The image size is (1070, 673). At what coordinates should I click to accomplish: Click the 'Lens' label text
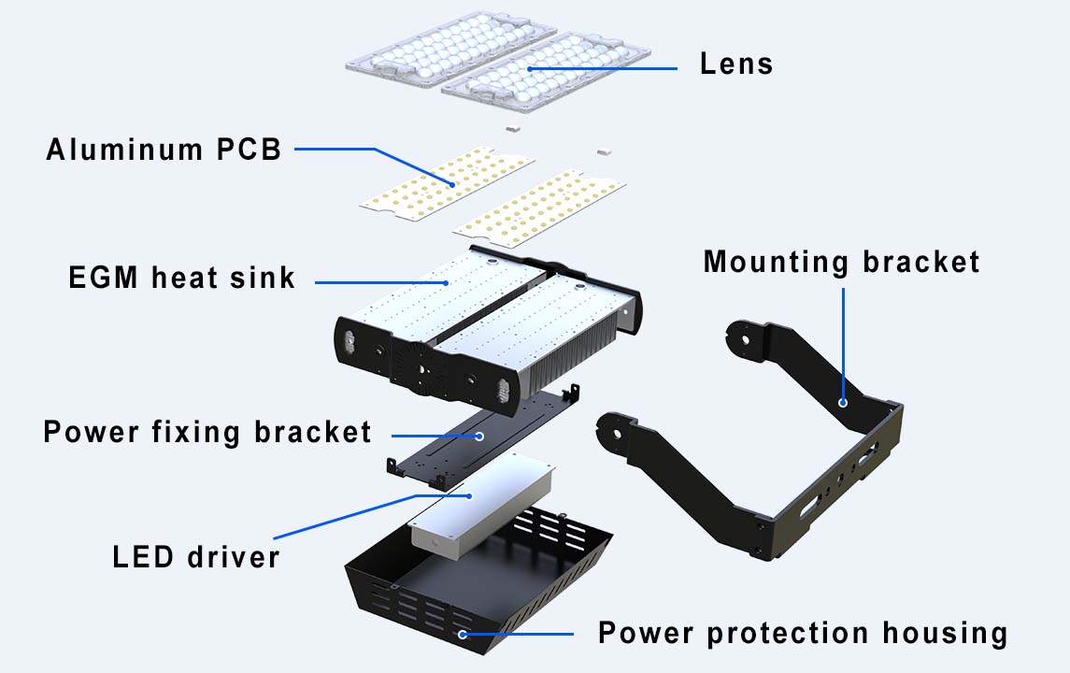pos(736,64)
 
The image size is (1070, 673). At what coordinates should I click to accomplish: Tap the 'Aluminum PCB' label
pos(164,150)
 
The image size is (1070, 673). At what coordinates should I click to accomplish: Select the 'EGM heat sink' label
pos(181,278)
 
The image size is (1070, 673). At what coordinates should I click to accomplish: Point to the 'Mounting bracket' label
pos(841,262)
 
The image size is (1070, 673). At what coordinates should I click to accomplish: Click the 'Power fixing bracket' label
pos(207,432)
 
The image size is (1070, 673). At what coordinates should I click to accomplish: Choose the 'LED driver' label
pos(196,557)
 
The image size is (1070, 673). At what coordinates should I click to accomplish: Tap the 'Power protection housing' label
pos(803,633)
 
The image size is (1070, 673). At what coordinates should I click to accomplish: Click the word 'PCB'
pos(250,150)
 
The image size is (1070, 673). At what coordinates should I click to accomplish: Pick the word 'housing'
pos(945,633)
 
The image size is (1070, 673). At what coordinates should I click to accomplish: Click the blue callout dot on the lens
pos(530,69)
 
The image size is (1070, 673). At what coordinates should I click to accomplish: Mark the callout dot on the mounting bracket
pos(843,403)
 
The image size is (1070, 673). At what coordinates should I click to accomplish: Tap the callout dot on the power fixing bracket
pos(479,436)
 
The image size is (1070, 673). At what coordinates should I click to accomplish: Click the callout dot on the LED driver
pos(469,495)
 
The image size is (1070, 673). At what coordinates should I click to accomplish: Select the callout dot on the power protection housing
pos(462,634)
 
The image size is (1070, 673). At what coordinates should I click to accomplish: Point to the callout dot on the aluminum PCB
pos(451,184)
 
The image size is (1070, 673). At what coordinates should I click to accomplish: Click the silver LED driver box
pos(481,502)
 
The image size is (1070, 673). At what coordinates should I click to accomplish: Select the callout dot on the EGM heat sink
pos(447,282)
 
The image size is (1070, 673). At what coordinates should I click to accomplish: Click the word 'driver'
pos(234,557)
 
